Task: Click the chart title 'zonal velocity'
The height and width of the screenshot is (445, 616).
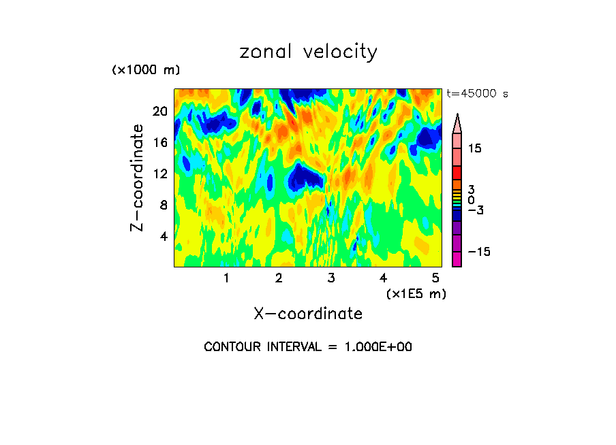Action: [308, 52]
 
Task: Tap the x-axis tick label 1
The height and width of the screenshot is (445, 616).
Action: [226, 278]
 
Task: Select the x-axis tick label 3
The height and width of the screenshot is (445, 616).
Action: [331, 278]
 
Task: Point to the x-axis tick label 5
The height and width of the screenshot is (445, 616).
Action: [435, 278]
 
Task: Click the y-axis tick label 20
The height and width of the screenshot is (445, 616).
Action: [159, 111]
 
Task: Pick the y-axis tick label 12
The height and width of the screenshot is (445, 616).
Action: [159, 174]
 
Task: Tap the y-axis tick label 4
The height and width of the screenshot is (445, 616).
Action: [164, 236]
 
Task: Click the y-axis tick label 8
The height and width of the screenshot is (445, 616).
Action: [164, 205]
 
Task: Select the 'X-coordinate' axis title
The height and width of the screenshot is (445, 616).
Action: [308, 314]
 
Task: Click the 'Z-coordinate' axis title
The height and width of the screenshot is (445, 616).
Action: [138, 178]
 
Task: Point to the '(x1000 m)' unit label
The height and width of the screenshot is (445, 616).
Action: [146, 70]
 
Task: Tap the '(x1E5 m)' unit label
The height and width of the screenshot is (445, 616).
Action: [416, 293]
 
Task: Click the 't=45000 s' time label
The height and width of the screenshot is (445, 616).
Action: [478, 94]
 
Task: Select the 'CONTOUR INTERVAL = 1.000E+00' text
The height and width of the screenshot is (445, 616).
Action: [308, 347]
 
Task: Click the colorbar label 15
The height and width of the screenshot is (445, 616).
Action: [474, 148]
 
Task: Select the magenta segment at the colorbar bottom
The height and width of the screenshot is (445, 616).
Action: [457, 259]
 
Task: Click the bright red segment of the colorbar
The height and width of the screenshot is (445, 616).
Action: [457, 173]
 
